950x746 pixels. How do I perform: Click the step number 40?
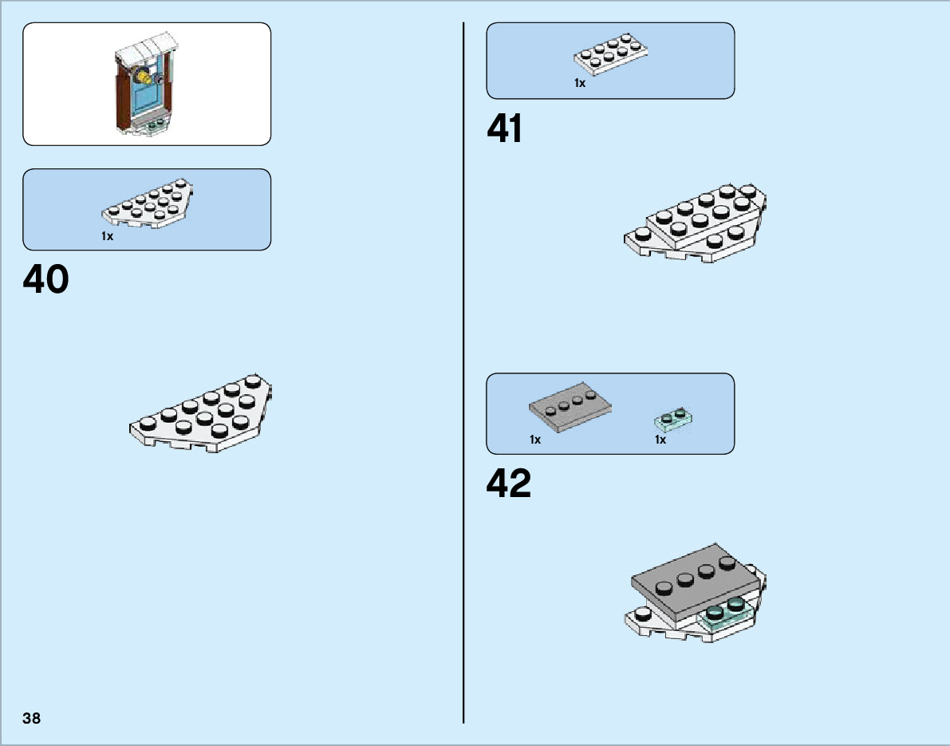(x=46, y=280)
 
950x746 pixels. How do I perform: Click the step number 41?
(x=505, y=129)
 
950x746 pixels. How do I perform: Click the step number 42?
(x=509, y=484)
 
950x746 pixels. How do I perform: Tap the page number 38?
(x=32, y=718)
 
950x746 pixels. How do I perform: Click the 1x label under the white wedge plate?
(x=107, y=236)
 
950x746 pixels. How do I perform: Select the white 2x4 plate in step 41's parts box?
(x=610, y=57)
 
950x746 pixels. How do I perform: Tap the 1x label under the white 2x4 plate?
(x=580, y=83)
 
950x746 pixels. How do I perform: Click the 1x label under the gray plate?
(x=535, y=440)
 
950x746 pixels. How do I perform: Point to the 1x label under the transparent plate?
(x=660, y=440)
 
